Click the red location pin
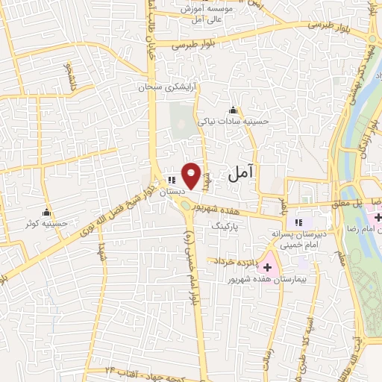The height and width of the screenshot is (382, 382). pyautogui.click(x=192, y=175)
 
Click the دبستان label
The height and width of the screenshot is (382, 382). pyautogui.click(x=171, y=192)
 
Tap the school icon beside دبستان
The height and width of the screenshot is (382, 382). pyautogui.click(x=171, y=180)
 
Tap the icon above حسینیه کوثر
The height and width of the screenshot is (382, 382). pyautogui.click(x=47, y=211)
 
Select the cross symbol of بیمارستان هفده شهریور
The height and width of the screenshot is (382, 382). pyautogui.click(x=266, y=267)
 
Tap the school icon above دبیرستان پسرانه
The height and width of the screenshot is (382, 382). pyautogui.click(x=299, y=222)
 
